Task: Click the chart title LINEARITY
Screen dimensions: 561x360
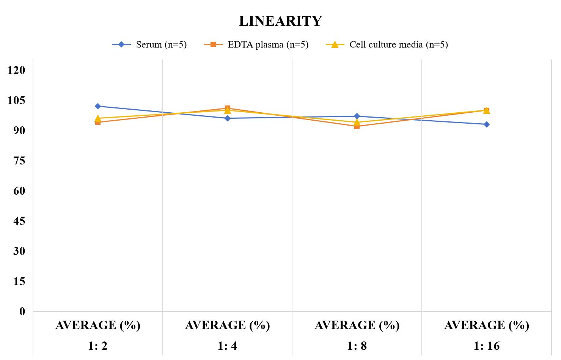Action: click(x=280, y=21)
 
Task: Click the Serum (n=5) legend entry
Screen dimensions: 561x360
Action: click(x=149, y=45)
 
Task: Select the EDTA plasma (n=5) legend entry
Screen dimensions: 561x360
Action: click(x=256, y=45)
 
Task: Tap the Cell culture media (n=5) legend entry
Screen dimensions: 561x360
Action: click(x=387, y=45)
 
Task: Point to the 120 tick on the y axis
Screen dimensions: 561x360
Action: click(x=16, y=70)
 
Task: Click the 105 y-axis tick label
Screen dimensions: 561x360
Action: click(x=16, y=101)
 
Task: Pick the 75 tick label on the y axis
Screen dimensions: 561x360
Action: click(x=19, y=161)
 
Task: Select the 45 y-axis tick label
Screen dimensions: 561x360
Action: click(x=19, y=221)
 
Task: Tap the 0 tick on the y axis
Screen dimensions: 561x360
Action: click(x=22, y=312)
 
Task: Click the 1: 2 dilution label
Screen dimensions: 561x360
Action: click(x=98, y=346)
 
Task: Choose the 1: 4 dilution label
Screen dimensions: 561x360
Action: click(x=227, y=346)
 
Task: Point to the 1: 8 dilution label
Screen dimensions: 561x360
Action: click(x=357, y=346)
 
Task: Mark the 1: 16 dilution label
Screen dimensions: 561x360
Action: click(x=487, y=346)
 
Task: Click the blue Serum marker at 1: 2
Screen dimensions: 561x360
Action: click(x=98, y=106)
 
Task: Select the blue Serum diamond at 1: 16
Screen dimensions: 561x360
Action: click(x=487, y=124)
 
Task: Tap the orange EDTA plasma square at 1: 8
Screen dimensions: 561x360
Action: click(x=357, y=126)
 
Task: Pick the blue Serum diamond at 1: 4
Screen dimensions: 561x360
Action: click(x=228, y=118)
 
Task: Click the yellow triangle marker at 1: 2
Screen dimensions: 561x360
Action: click(x=98, y=118)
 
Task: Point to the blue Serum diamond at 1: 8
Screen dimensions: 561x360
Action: click(x=357, y=116)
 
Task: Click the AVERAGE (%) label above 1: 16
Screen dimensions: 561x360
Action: click(x=487, y=325)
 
